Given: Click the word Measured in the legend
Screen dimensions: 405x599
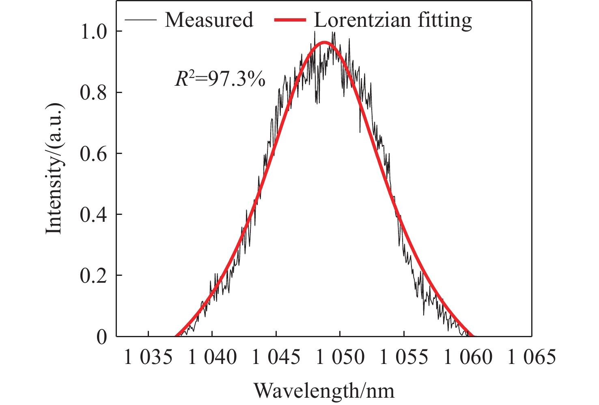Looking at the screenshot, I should [x=209, y=20].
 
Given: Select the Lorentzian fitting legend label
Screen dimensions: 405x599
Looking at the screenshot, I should [x=393, y=20].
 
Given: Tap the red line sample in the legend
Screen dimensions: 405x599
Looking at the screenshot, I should [x=290, y=19].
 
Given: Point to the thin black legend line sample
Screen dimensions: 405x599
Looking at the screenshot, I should [x=140, y=19].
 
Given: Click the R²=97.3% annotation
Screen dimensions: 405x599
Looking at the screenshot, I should [x=220, y=79].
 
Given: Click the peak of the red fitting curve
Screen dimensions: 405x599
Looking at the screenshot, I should [x=324, y=42].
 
